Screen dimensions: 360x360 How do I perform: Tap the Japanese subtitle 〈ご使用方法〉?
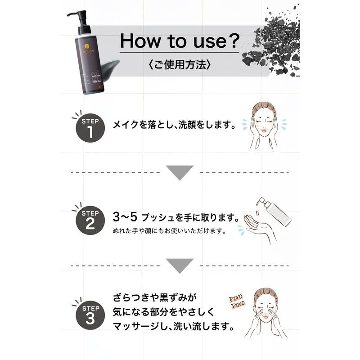[x=179, y=65]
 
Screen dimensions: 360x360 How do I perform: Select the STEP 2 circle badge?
[x=90, y=219]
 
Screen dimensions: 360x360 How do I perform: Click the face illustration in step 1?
[x=265, y=126]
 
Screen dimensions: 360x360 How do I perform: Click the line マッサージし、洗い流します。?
[x=173, y=326]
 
